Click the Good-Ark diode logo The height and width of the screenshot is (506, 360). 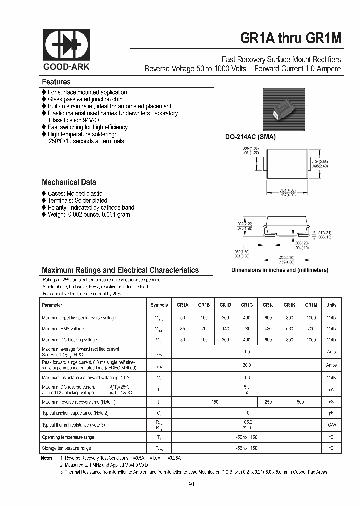(x=66, y=45)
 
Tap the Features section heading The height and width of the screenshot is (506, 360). (x=56, y=82)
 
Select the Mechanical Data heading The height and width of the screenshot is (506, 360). (x=69, y=182)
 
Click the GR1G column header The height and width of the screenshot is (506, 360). (x=246, y=305)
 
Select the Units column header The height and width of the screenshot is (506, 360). (x=331, y=305)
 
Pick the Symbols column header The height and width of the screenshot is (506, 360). (x=159, y=305)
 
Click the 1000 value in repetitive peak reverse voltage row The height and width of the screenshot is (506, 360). (x=311, y=317)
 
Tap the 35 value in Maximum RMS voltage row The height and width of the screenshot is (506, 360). (x=182, y=329)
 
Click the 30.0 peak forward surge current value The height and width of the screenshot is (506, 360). (x=247, y=365)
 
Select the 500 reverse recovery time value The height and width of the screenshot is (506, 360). (x=300, y=402)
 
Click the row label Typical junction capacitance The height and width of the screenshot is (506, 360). (x=75, y=413)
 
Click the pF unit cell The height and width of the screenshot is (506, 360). (x=331, y=413)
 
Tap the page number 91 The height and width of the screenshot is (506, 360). (x=192, y=484)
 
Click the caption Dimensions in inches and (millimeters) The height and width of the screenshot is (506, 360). (x=279, y=270)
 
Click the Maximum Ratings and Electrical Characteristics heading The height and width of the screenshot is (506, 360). (x=120, y=270)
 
